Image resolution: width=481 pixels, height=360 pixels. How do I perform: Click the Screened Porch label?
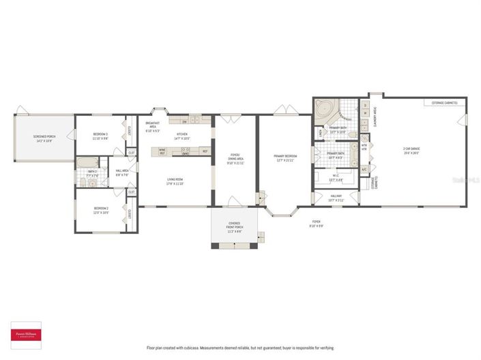pyautogui.click(x=44, y=138)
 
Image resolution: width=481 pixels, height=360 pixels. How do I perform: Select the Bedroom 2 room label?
pyautogui.click(x=100, y=210)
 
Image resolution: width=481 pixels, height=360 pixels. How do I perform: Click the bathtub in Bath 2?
pyautogui.click(x=87, y=163)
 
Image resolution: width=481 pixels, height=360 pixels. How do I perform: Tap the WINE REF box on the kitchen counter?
pyautogui.click(x=162, y=151)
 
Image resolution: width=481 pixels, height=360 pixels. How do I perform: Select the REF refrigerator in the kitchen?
pyautogui.click(x=205, y=151)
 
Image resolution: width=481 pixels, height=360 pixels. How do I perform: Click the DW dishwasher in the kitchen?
pyautogui.click(x=184, y=121)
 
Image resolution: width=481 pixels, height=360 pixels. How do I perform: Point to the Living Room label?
pyautogui.click(x=176, y=181)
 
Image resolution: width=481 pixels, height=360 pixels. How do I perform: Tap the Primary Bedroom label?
pyautogui.click(x=284, y=158)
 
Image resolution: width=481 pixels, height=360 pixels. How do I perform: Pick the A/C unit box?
pyautogui.click(x=364, y=169)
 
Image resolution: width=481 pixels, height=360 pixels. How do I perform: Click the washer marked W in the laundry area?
pyautogui.click(x=364, y=115)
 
